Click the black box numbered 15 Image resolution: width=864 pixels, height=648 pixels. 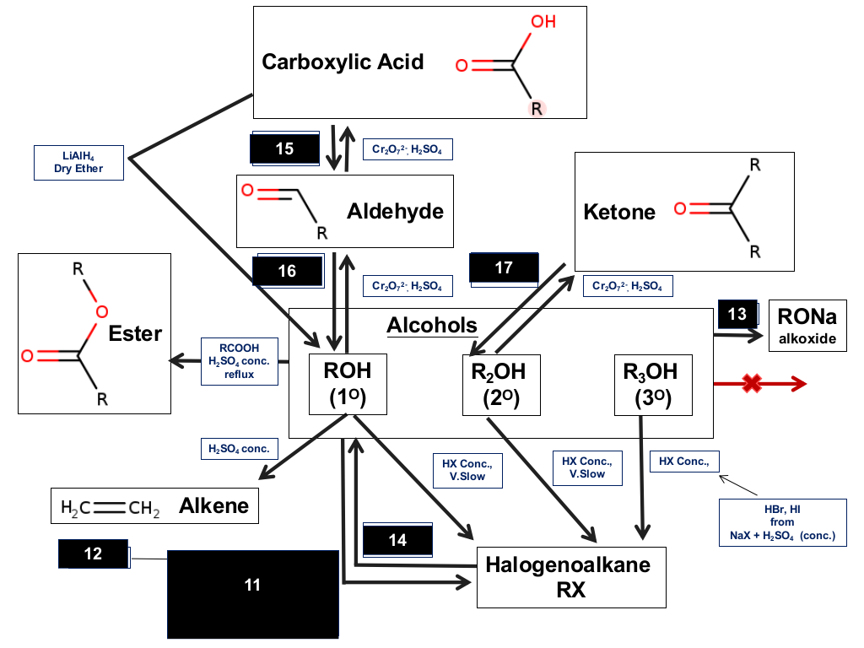(x=285, y=148)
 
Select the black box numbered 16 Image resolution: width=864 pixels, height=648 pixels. (x=288, y=271)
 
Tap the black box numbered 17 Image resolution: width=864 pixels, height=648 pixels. (x=504, y=268)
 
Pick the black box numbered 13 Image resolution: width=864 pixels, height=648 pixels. (x=737, y=314)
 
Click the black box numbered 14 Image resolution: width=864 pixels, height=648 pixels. (x=397, y=539)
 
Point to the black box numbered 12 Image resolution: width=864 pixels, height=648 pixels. (x=93, y=553)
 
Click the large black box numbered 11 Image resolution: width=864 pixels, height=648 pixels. (x=253, y=594)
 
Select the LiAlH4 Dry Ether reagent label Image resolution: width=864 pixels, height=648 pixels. (x=78, y=163)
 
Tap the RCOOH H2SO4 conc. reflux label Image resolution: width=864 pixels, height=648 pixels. (x=239, y=361)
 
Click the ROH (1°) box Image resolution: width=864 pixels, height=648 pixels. (x=348, y=384)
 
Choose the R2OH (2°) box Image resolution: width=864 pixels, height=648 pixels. (x=501, y=385)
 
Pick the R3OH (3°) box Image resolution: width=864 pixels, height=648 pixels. (x=653, y=385)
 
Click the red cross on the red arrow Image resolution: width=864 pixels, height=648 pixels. (x=752, y=384)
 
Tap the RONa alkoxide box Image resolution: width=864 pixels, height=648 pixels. (x=807, y=326)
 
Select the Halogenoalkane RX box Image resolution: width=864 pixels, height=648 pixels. (x=571, y=577)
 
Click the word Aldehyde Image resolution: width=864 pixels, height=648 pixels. (x=395, y=211)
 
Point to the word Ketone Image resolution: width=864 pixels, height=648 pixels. (x=619, y=212)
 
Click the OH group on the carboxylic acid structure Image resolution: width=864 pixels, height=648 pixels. (x=543, y=21)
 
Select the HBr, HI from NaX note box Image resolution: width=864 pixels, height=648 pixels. (x=782, y=522)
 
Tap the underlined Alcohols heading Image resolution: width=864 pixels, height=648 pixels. (x=432, y=325)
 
